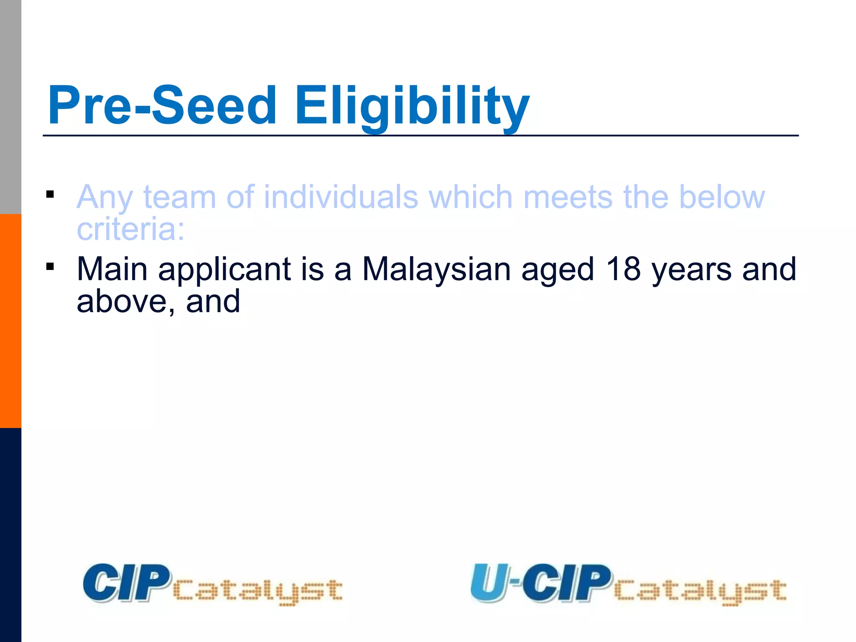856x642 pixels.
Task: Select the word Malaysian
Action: [x=436, y=270]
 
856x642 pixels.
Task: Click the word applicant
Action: [x=224, y=270]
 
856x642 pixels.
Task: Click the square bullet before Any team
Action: [x=50, y=194]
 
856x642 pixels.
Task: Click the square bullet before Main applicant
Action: [x=50, y=266]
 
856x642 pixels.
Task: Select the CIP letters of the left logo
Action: [x=126, y=583]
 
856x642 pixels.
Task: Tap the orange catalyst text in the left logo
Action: [x=257, y=591]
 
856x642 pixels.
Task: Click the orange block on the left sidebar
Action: [x=10, y=321]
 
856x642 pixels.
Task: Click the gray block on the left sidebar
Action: [x=10, y=107]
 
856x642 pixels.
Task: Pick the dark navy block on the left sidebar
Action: [x=10, y=535]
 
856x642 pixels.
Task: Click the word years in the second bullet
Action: [x=692, y=270]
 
